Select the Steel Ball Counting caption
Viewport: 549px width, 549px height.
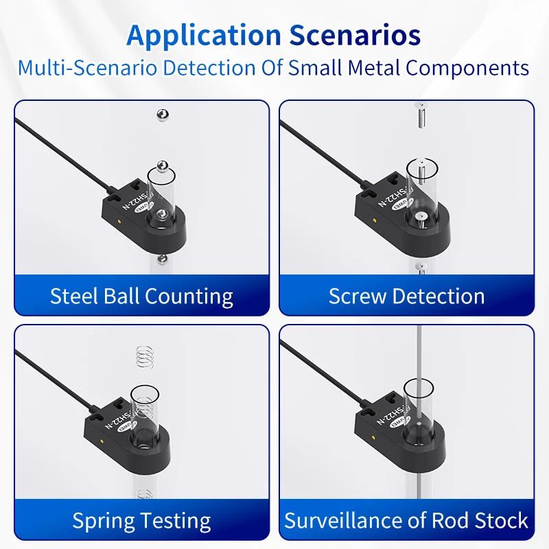pyautogui.click(x=141, y=296)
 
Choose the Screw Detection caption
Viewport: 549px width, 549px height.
pyautogui.click(x=406, y=296)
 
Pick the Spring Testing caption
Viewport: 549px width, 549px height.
pyautogui.click(x=141, y=521)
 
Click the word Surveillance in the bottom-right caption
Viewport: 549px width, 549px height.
pyautogui.click(x=344, y=521)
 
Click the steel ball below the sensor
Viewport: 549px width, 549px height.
pyautogui.click(x=161, y=258)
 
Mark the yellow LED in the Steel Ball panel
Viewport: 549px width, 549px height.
pyautogui.click(x=121, y=221)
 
